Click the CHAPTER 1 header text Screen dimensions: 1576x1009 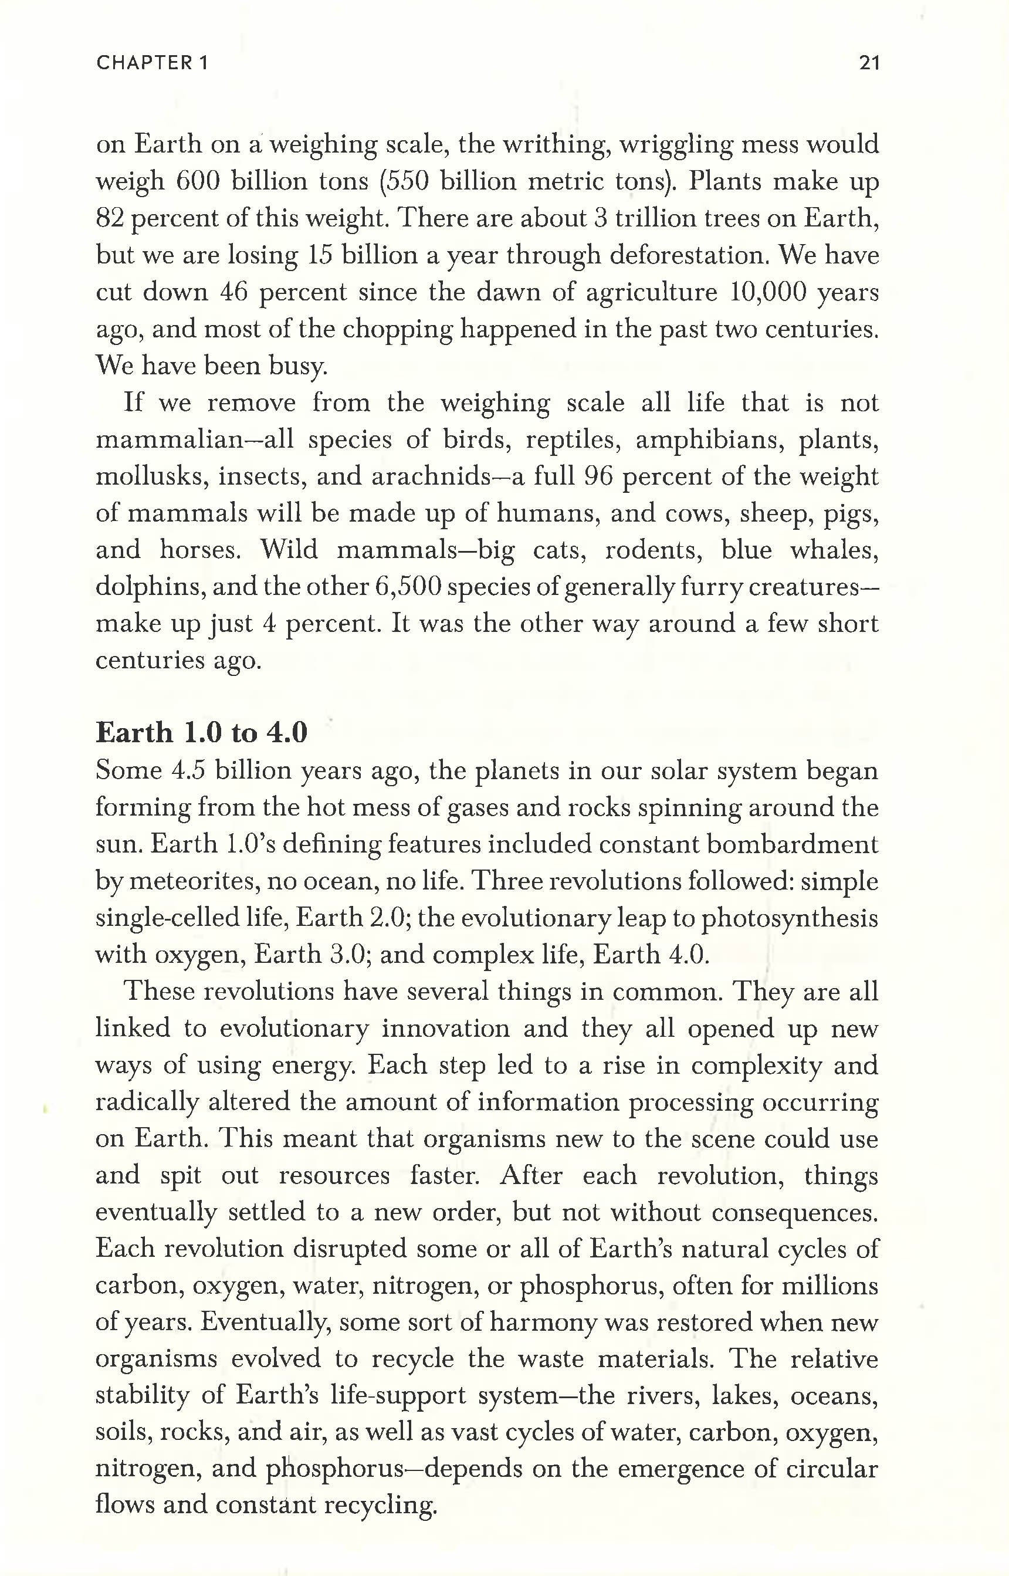click(152, 63)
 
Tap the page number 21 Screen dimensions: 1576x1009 click(869, 63)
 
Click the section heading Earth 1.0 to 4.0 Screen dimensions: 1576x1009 click(201, 733)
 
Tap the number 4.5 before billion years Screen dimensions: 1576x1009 click(189, 770)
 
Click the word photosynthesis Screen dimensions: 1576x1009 click(790, 918)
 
